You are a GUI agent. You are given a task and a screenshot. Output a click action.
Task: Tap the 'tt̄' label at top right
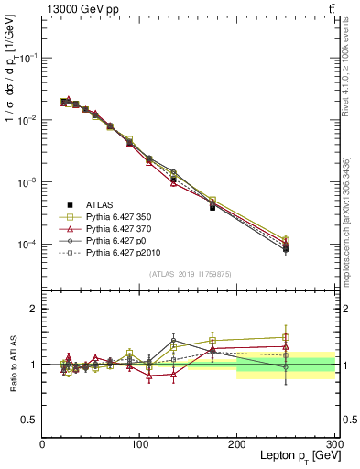pos(331,8)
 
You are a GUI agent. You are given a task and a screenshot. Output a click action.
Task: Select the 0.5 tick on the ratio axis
pos(29,420)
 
